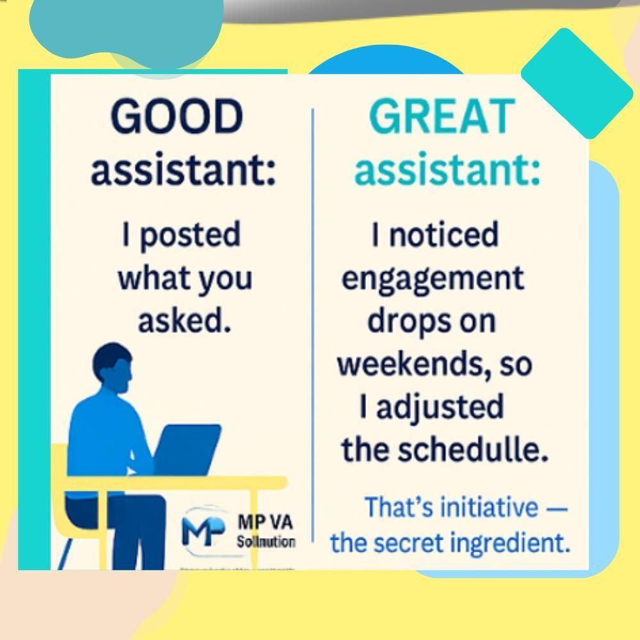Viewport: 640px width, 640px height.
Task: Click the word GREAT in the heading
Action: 442,118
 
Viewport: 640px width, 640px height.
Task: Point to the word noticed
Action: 444,236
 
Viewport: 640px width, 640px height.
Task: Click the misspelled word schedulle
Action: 473,449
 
